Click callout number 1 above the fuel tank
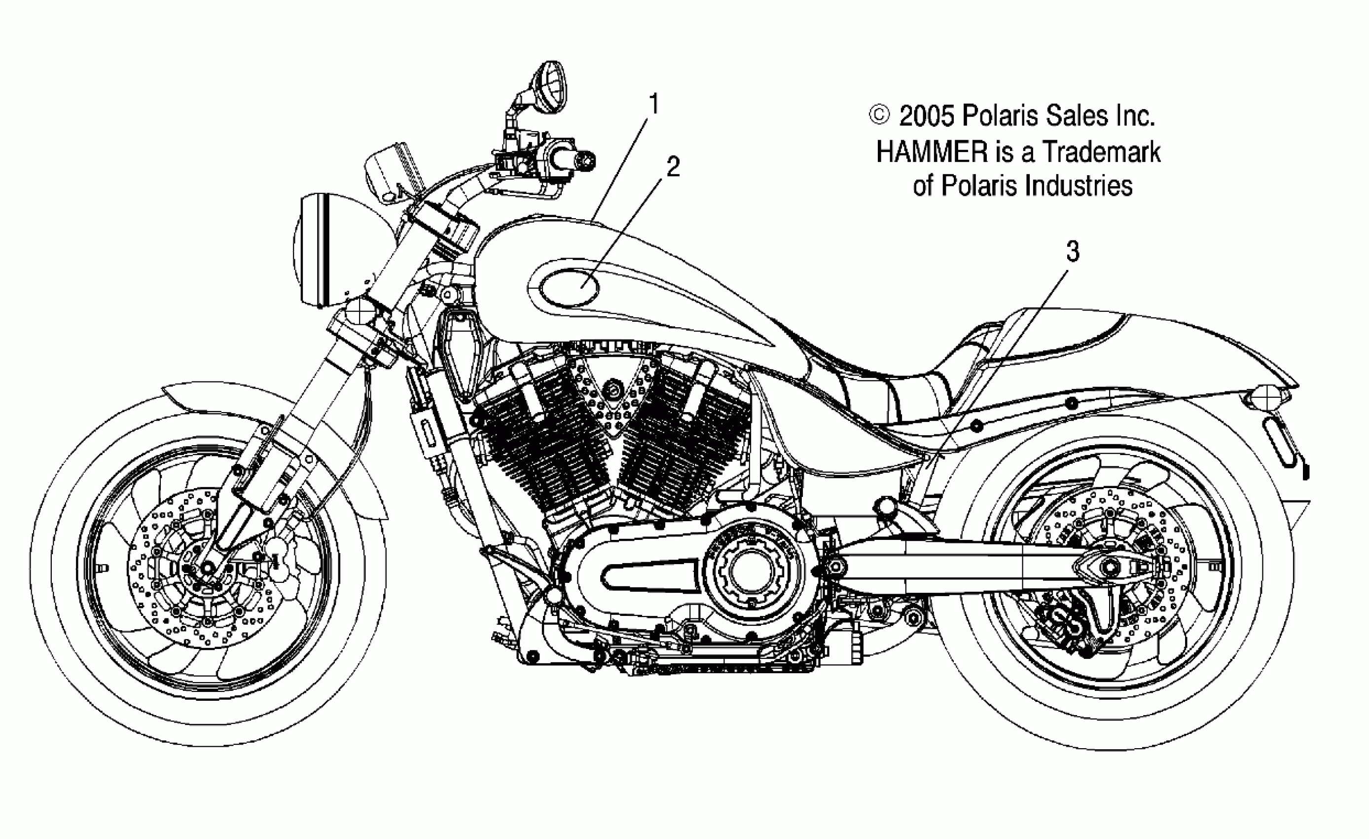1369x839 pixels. tap(654, 105)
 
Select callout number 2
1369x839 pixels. tap(673, 167)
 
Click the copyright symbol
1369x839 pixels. tap(879, 115)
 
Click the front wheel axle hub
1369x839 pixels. tap(208, 568)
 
